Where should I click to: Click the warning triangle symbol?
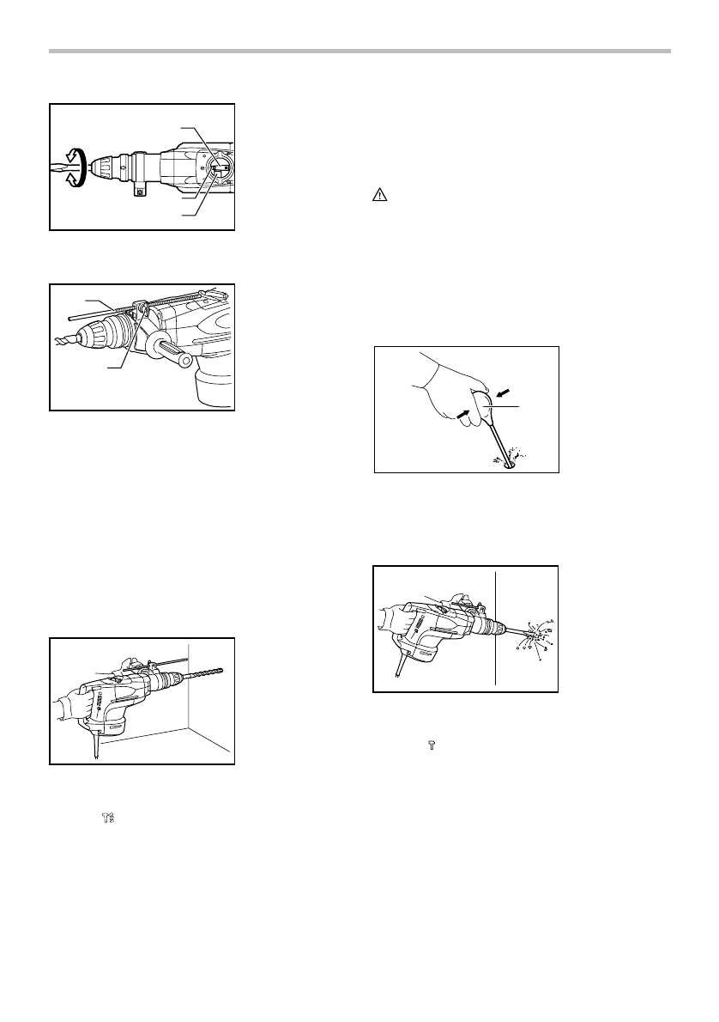[x=378, y=196]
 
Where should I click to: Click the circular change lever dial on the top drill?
[x=215, y=165]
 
